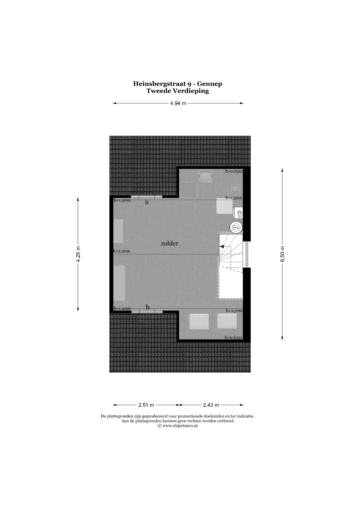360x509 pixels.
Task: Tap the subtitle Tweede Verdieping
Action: [177, 91]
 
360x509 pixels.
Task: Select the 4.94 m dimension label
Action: [178, 103]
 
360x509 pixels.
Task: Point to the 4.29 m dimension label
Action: [78, 254]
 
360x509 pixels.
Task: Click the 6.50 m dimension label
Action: [282, 254]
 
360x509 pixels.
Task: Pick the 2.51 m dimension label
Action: [146, 405]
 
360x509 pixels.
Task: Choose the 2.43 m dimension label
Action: [211, 405]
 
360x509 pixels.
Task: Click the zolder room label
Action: [170, 244]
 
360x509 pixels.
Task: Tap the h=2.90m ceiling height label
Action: [122, 251]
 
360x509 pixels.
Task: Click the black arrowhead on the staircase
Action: [221, 246]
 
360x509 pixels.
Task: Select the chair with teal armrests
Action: [206, 175]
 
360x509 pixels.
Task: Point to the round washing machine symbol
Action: [236, 227]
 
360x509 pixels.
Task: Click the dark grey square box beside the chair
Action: [189, 190]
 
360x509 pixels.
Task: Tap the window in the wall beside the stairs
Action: [246, 254]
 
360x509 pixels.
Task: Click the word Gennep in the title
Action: [210, 84]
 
